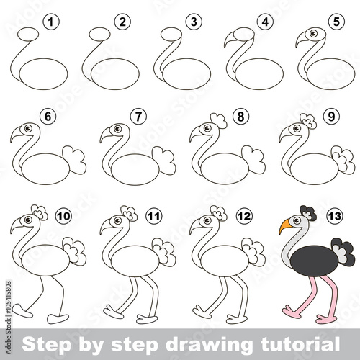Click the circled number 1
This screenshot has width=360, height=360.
tap(51, 22)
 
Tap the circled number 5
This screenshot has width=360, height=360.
tap(336, 22)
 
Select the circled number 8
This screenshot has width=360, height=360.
tap(240, 117)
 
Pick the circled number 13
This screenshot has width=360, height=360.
tap(335, 216)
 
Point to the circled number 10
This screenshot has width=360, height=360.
tap(64, 216)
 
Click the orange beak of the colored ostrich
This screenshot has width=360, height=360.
tap(285, 226)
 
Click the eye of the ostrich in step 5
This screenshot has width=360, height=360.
tap(313, 33)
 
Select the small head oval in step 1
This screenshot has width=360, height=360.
tap(28, 34)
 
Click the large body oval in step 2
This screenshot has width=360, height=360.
tap(115, 74)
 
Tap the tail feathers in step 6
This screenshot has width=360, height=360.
tap(75, 160)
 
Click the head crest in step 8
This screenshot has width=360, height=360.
tap(219, 120)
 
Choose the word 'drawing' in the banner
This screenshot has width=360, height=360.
tap(208, 344)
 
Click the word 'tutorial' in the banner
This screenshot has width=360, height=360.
tap(300, 343)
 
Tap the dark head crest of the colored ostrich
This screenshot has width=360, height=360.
tap(308, 212)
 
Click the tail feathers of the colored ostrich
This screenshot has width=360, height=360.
tap(343, 252)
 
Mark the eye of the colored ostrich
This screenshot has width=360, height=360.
tap(297, 220)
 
